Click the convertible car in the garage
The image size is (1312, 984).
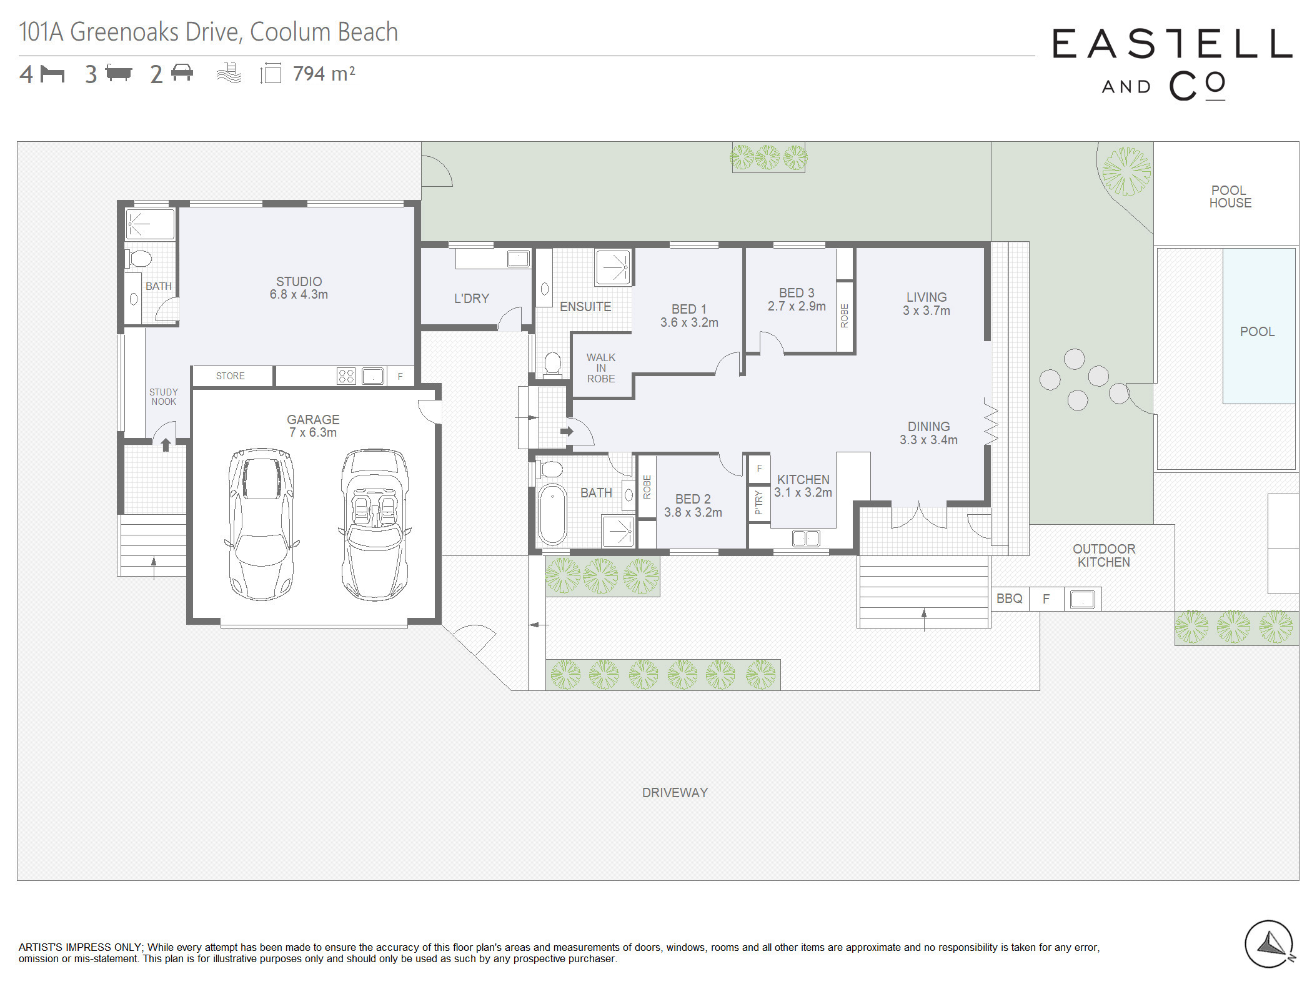(x=375, y=525)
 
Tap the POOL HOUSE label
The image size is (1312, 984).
(x=1230, y=197)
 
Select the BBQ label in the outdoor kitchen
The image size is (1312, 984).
(x=1009, y=599)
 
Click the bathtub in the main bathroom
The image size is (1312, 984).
(x=552, y=514)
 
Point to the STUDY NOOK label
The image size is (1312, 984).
(x=164, y=397)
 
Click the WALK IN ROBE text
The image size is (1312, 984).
(x=601, y=368)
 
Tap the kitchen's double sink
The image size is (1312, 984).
(x=806, y=538)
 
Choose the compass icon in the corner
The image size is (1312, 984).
(x=1270, y=944)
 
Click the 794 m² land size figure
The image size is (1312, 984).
(x=324, y=74)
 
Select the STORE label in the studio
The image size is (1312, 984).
(x=231, y=376)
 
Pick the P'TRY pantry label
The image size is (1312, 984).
(x=758, y=502)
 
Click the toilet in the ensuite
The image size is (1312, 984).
(x=552, y=364)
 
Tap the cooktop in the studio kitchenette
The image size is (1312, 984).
(x=346, y=376)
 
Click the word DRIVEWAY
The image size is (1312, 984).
(x=675, y=793)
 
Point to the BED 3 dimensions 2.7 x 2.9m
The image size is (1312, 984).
(x=797, y=306)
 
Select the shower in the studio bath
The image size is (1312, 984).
(x=150, y=224)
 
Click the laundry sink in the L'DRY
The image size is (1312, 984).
(x=518, y=259)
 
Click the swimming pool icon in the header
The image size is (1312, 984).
(x=229, y=73)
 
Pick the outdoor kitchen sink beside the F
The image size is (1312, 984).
(x=1083, y=600)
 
